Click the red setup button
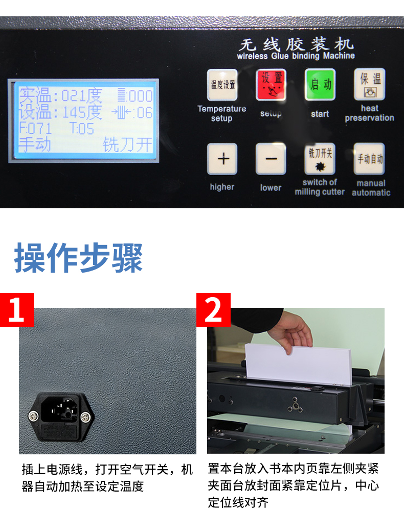271,84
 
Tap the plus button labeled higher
222,159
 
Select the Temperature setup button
222,85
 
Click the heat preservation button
370,84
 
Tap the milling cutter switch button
320,159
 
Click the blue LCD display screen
83,120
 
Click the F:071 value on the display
35,129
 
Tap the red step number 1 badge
17,310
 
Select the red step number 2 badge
213,310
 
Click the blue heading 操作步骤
78,258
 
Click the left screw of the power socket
33,416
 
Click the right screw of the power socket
85,417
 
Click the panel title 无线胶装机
296,44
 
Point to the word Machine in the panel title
339,56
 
